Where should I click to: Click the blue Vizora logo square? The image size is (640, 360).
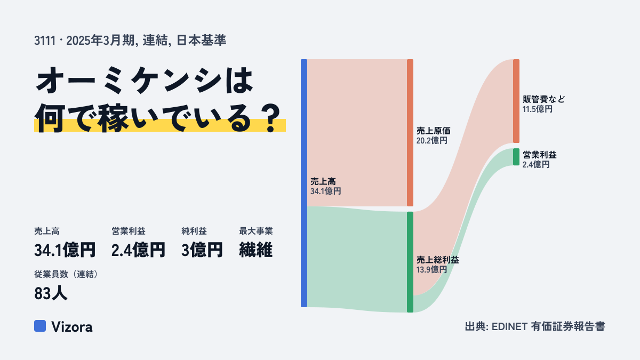point(40,326)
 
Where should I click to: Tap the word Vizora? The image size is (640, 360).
point(72,327)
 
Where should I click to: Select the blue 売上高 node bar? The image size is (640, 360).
point(304,183)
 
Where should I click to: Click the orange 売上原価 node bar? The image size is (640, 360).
point(410,133)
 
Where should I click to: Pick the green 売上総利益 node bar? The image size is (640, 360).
point(410,262)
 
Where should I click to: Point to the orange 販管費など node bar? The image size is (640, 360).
point(516,101)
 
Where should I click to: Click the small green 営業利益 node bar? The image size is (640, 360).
point(516,157)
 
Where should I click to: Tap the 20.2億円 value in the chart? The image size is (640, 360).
point(431,141)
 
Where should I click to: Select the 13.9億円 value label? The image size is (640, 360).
point(431,269)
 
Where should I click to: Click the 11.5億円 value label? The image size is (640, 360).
point(538,109)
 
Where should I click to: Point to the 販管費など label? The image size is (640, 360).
point(543,99)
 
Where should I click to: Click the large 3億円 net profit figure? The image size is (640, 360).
point(202,250)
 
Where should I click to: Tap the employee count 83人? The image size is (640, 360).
point(51,293)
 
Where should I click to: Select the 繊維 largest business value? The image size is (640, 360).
point(255,250)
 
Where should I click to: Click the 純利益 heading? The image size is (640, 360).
point(194,231)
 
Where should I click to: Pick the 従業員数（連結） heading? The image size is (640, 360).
point(66,274)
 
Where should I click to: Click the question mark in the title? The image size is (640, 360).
point(271,118)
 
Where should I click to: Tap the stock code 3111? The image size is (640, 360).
point(45,41)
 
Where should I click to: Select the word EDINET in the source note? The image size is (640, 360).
point(509,326)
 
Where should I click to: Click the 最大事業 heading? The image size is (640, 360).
point(256,231)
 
